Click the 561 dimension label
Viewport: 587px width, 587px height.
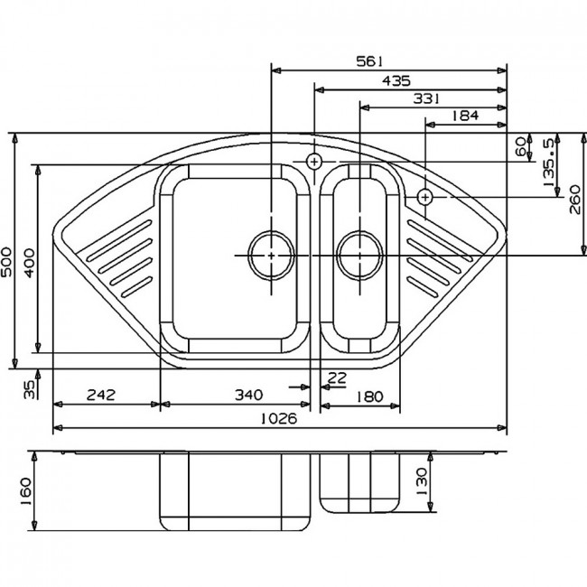(x=369, y=61)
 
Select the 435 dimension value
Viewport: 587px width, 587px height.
(x=396, y=80)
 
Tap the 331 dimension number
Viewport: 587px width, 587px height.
(x=426, y=98)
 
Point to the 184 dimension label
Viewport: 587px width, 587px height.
(x=465, y=116)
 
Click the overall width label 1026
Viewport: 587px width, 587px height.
(x=278, y=418)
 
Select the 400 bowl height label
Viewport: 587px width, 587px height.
(x=30, y=263)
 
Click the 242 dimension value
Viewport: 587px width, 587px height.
(x=101, y=395)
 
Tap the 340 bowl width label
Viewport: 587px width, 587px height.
(x=249, y=395)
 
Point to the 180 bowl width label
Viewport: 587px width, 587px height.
(x=369, y=396)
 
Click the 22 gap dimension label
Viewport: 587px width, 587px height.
(x=337, y=378)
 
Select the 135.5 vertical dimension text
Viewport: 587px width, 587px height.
(x=548, y=163)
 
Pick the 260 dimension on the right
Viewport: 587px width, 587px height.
(x=575, y=200)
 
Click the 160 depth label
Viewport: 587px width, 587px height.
(x=25, y=491)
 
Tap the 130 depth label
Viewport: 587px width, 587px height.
(x=421, y=481)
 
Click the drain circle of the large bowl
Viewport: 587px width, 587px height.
(x=272, y=256)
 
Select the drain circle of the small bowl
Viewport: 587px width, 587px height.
(x=360, y=256)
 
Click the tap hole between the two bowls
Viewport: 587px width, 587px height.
(x=314, y=162)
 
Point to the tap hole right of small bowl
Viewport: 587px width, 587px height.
(x=425, y=197)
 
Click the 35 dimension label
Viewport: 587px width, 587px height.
(x=29, y=389)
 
